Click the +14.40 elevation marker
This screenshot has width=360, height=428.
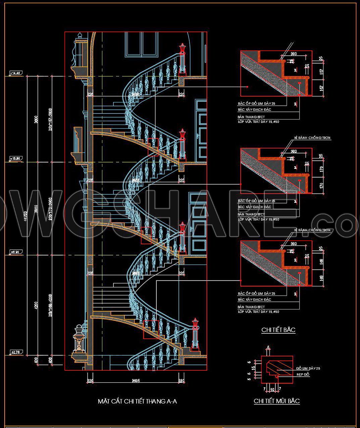pyautogui.click(x=15, y=73)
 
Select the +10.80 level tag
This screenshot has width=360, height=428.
pyautogui.click(x=16, y=158)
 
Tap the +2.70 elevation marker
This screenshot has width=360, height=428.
pyautogui.click(x=15, y=352)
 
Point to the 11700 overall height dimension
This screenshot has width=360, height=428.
pyautogui.click(x=24, y=215)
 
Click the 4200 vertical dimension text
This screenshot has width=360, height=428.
pyautogui.click(x=36, y=305)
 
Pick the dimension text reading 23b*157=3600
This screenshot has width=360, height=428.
pyautogui.click(x=50, y=119)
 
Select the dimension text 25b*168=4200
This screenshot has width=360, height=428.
pyautogui.click(x=50, y=305)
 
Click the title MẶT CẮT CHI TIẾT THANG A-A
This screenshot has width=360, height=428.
pyautogui.click(x=137, y=401)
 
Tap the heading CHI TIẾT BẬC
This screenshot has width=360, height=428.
pyautogui.click(x=278, y=330)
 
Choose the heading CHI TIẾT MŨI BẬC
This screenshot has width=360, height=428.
pyautogui.click(x=276, y=401)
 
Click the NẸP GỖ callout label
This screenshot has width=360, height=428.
pyautogui.click(x=303, y=375)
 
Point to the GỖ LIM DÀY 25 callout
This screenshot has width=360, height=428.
pyautogui.click(x=308, y=368)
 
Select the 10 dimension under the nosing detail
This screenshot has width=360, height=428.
pyautogui.click(x=272, y=389)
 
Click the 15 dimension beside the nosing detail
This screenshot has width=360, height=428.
pyautogui.click(x=253, y=367)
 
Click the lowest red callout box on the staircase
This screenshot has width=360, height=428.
pyautogui.click(x=151, y=329)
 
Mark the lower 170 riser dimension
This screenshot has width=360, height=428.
pyautogui.click(x=321, y=185)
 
